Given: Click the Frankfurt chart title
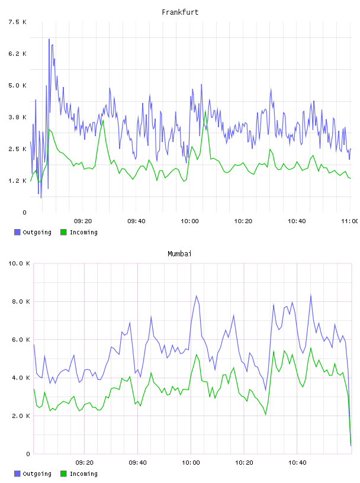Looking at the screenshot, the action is [180, 12].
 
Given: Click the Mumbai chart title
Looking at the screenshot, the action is [179, 254].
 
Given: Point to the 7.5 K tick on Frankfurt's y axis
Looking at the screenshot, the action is [18, 22].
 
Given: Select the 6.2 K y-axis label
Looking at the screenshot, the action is [18, 54].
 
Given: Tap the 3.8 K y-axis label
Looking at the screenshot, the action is [18, 117].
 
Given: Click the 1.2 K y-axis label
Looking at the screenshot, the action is [18, 181].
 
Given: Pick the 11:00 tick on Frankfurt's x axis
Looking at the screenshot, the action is [350, 221].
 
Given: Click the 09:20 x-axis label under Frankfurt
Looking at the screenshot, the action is [83, 221].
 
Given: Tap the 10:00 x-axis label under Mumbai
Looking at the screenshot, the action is [191, 462].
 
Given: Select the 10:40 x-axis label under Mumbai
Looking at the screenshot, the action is [297, 462].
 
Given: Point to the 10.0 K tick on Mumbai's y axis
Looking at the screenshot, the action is [19, 263].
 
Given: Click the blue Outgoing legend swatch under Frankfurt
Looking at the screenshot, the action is [17, 232].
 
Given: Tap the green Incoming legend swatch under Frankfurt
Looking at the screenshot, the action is [63, 232].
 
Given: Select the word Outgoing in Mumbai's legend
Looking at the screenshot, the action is [37, 474].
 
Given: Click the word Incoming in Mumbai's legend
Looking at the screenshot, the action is [83, 474].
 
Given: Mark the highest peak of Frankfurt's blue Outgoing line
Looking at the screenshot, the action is [49, 39].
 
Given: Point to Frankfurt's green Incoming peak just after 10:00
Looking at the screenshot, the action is [205, 111].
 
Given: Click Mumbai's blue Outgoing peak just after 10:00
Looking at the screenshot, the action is [197, 296].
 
